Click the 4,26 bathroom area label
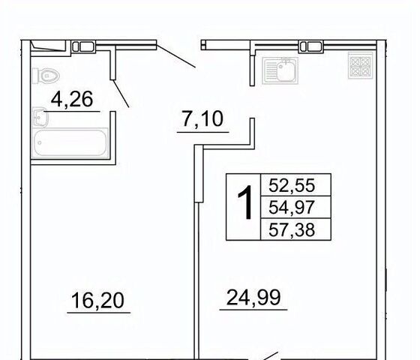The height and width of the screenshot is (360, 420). (72, 99)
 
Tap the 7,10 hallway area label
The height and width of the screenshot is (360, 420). (202, 119)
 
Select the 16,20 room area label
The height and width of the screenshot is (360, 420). (97, 300)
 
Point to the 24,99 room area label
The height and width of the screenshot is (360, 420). (253, 297)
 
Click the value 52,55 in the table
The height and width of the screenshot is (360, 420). (292, 185)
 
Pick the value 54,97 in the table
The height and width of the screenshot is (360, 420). (292, 207)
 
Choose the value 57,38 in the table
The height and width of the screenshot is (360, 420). (292, 229)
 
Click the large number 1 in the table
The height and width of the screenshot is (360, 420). (245, 202)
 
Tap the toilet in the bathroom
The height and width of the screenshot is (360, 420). (46, 76)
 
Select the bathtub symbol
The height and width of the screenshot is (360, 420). (70, 142)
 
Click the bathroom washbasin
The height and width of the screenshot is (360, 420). (40, 117)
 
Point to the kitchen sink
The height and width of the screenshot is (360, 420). (280, 70)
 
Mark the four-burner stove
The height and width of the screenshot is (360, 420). (361, 66)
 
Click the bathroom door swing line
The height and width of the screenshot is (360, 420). (121, 94)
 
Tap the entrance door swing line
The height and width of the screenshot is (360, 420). (176, 56)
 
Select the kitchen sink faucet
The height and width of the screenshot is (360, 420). (286, 61)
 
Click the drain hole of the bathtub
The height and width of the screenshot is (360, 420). (40, 142)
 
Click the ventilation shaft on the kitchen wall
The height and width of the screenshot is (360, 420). (311, 46)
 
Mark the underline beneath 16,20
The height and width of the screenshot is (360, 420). (98, 313)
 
